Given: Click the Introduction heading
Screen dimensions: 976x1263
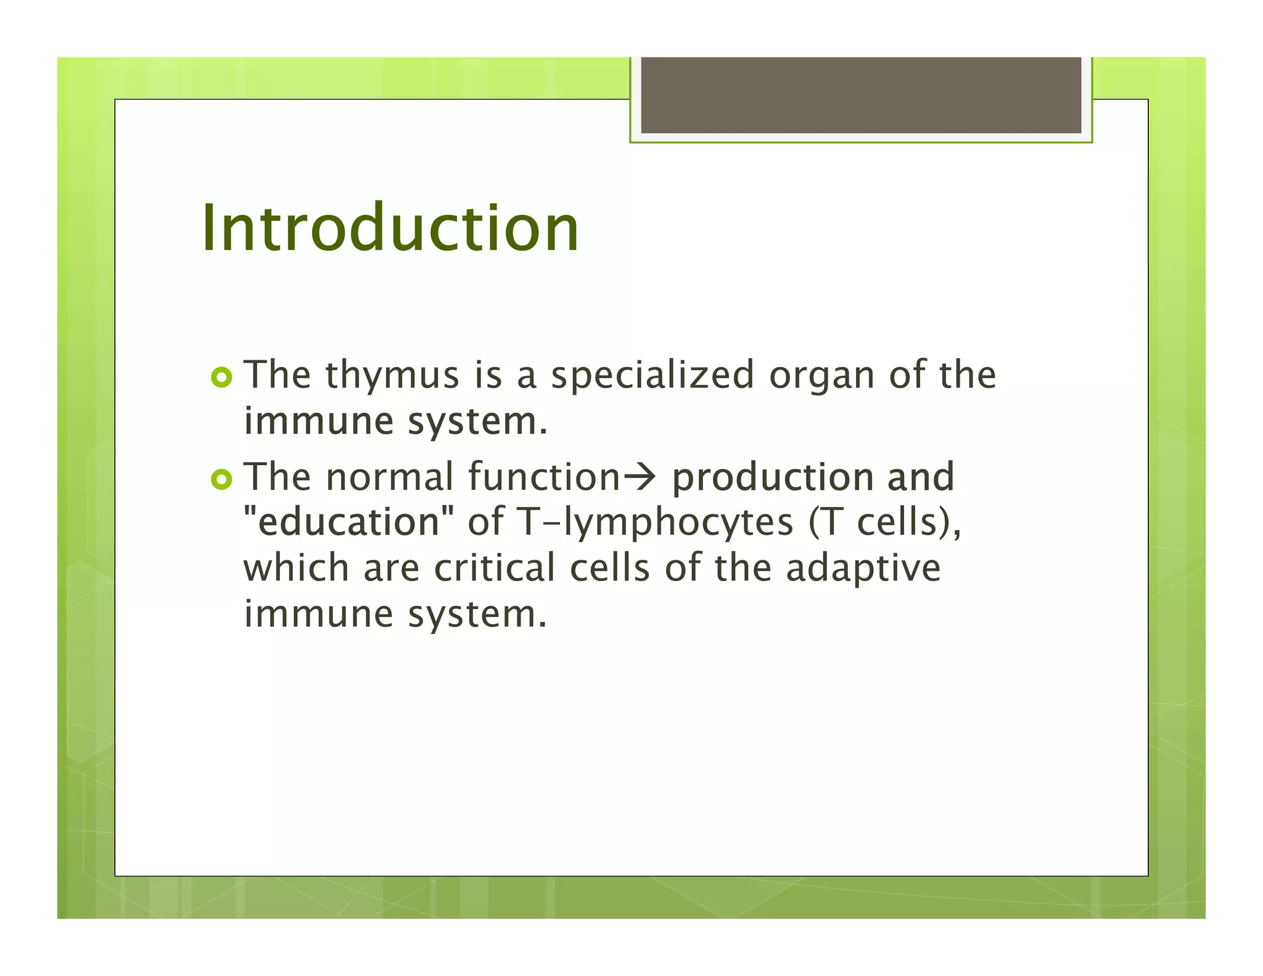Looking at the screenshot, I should click(x=390, y=228).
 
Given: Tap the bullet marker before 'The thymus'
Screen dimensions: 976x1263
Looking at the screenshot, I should click(x=221, y=378).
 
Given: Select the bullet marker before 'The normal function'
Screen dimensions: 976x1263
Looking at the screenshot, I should click(x=221, y=479).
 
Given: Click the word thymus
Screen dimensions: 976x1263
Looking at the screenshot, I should click(x=392, y=376).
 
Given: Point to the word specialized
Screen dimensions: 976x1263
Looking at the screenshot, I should click(x=652, y=376).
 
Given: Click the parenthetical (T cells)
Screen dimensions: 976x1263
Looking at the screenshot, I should click(x=884, y=523).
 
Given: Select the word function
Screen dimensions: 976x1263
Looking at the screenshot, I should click(x=543, y=478).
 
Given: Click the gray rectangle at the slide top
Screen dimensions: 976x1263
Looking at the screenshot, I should click(x=861, y=95).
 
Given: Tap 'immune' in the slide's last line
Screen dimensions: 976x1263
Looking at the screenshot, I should click(x=318, y=614).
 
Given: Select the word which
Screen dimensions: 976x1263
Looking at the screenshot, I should click(x=296, y=568).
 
